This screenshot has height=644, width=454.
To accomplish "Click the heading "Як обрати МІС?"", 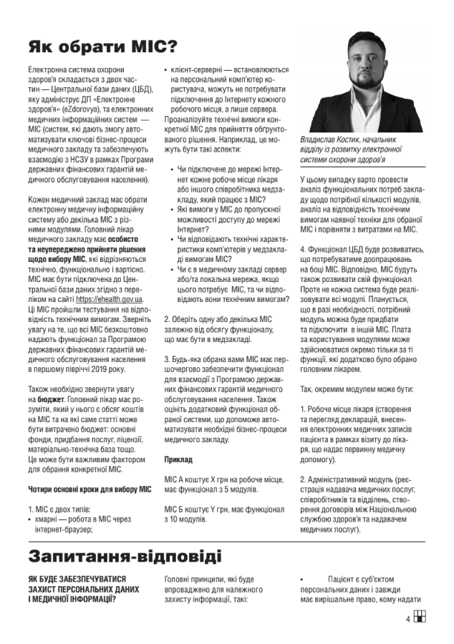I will [103, 48].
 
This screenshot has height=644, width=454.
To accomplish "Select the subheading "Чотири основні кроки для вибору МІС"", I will [90, 489].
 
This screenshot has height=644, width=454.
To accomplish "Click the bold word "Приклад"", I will [178, 458].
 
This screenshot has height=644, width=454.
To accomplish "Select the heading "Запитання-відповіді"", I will [125, 555].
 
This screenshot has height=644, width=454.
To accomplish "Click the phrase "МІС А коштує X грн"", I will [198, 477].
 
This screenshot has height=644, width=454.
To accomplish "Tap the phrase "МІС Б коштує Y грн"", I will [198, 508].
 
